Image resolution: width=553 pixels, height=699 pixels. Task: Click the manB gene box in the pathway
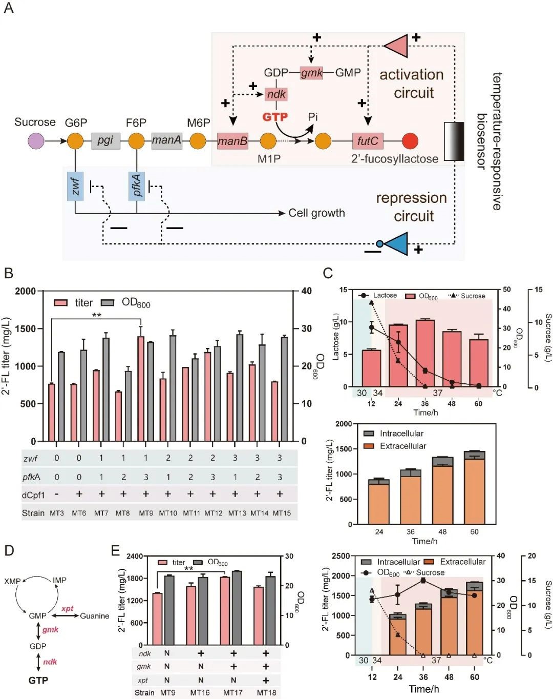pyautogui.click(x=232, y=141)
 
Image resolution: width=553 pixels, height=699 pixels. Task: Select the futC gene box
pyautogui.click(x=368, y=141)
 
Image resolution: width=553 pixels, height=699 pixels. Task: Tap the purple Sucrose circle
pyautogui.click(x=36, y=141)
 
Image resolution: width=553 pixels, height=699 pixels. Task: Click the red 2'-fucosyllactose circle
pyautogui.click(x=410, y=141)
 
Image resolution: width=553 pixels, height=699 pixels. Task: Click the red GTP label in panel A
pyautogui.click(x=275, y=117)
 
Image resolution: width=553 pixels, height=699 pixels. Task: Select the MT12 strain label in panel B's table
pyautogui.click(x=213, y=513)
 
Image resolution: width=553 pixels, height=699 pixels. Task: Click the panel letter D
pyautogui.click(x=9, y=550)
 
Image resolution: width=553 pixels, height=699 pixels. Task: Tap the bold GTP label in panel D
pyautogui.click(x=38, y=681)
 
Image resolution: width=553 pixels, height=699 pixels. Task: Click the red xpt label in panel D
pyautogui.click(x=68, y=609)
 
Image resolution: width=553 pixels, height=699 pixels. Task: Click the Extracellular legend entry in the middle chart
pyautogui.click(x=402, y=446)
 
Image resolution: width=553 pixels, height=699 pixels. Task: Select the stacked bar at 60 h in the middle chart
pyautogui.click(x=474, y=487)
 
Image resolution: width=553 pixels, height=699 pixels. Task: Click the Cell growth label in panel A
pyautogui.click(x=316, y=213)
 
